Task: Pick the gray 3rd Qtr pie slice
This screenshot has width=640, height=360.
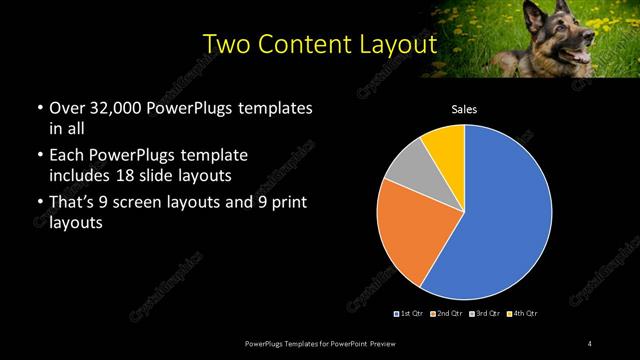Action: coord(408,170)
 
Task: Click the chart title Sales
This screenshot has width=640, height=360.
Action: coord(464,108)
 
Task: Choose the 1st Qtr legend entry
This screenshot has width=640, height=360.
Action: coord(412,314)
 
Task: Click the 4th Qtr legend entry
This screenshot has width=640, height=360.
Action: coord(524,314)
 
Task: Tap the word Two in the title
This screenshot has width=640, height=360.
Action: coord(226,45)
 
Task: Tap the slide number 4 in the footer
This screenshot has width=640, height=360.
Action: coord(590,344)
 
